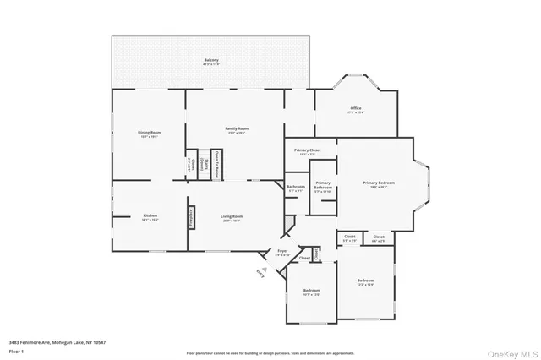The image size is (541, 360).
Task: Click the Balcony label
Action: click(211, 61)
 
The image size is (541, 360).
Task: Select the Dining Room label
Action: click(150, 133)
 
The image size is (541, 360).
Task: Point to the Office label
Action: click(355, 109)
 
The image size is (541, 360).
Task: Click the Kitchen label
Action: click(150, 216)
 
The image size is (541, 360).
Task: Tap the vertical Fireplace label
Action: click(192, 215)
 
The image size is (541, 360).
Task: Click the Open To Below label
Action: click(217, 162)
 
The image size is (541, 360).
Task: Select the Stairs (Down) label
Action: click(203, 163)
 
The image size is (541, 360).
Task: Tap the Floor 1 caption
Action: click(16, 350)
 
